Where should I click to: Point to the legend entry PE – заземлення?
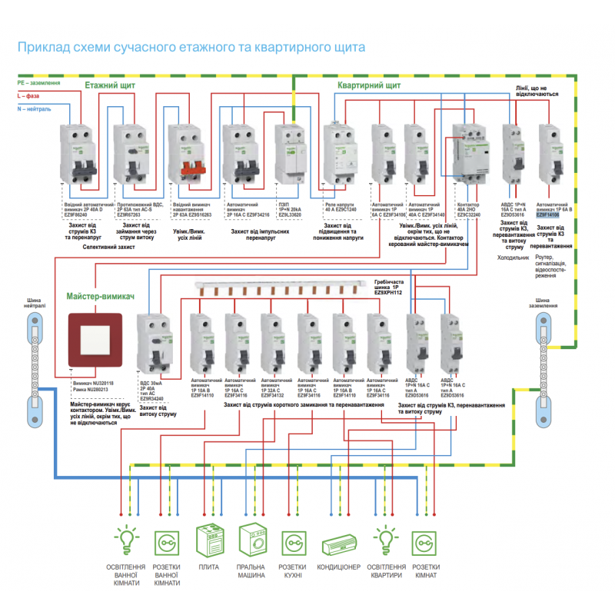click(x=37, y=81)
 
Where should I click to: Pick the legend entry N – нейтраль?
click(x=34, y=109)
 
